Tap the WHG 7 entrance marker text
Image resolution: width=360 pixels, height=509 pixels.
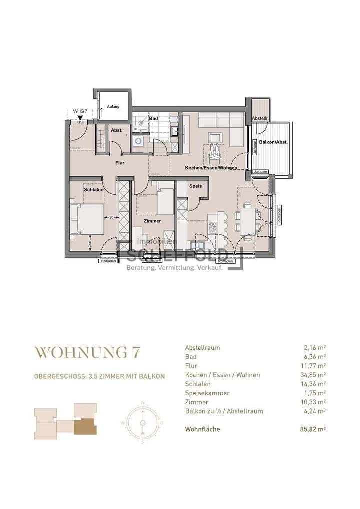[80, 111]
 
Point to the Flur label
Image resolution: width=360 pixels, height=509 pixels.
[119, 163]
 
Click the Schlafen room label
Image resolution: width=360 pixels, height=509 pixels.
[93, 190]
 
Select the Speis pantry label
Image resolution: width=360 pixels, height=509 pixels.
[195, 186]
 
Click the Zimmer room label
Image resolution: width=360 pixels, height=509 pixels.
[152, 220]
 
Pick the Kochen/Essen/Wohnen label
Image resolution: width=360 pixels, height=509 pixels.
[210, 168]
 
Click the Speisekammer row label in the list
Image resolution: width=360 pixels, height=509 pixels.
[207, 393]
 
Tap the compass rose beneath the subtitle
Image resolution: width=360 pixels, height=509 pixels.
[142, 422]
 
